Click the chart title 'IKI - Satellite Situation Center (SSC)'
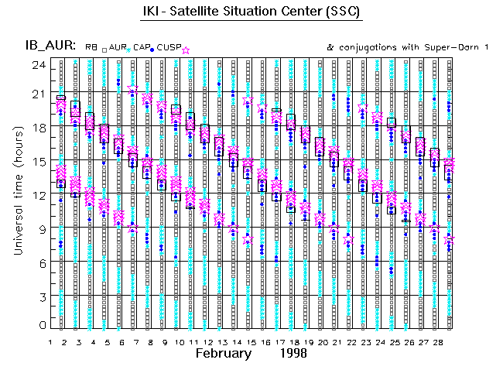251,14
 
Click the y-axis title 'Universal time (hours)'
17,193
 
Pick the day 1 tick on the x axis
51,341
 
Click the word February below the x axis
223,354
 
